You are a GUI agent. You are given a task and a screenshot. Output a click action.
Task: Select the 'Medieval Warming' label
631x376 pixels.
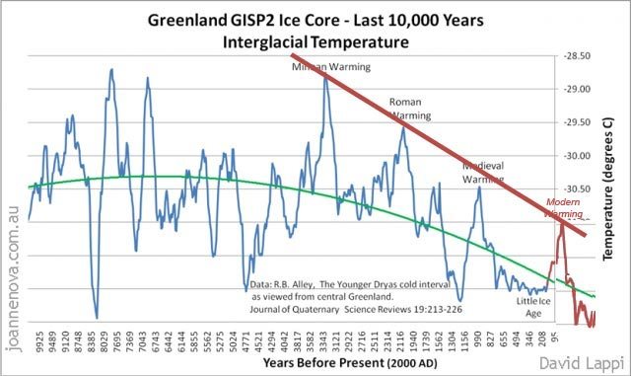tap(484, 174)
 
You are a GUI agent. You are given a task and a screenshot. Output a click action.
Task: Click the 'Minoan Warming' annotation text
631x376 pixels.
tap(330, 67)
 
